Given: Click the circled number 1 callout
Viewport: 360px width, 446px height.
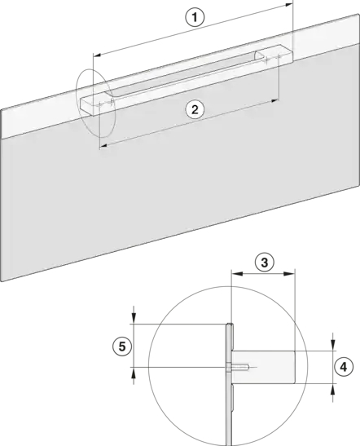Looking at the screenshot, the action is click(195, 17).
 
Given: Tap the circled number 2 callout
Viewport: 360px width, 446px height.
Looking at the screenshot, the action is click(195, 109).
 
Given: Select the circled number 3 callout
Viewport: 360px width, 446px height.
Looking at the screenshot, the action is click(264, 263).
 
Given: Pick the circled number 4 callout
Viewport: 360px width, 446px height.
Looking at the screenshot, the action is click(344, 367).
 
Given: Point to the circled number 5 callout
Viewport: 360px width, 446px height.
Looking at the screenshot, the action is click(122, 347).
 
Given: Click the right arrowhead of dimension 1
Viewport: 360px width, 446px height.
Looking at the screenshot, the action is click(288, 5).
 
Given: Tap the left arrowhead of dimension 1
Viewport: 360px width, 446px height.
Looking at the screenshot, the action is click(98, 55).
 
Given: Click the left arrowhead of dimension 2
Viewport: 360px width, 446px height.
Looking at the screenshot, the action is click(103, 146).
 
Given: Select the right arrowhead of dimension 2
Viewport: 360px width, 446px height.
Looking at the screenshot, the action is click(274, 100).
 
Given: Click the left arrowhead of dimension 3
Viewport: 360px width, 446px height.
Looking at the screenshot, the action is click(237, 274).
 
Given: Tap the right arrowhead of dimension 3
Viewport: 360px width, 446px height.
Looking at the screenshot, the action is click(289, 274).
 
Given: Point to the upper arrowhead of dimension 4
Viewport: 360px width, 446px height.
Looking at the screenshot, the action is click(333, 346).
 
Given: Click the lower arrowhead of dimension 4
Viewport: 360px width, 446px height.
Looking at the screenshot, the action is click(333, 389).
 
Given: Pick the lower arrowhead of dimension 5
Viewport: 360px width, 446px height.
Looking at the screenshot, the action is click(134, 373).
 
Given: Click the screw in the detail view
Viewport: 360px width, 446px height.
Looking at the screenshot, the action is click(239, 368).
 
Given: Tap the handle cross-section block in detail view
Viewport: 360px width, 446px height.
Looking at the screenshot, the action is click(263, 367).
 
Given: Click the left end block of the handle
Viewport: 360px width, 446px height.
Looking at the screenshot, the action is click(97, 104).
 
